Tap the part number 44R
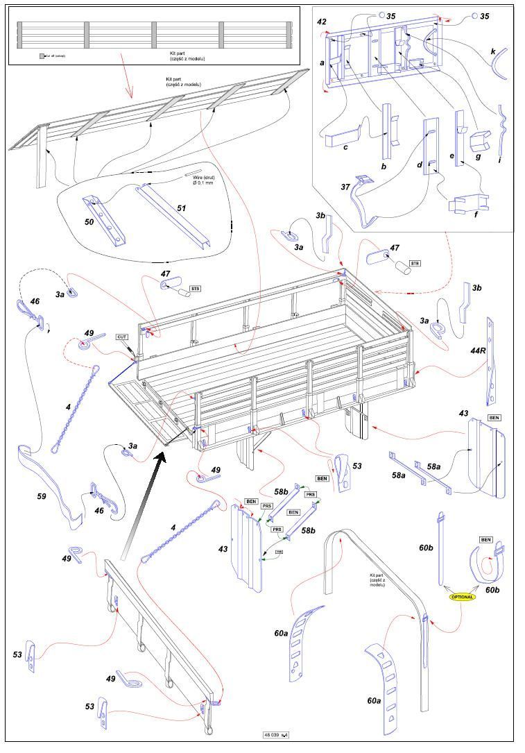(x=478, y=351)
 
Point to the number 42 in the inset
(x=322, y=22)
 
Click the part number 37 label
(x=345, y=186)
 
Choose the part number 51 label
(x=182, y=208)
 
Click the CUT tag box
(x=123, y=337)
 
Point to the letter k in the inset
(x=493, y=52)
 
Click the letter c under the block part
(x=345, y=146)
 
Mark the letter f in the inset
(x=456, y=216)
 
